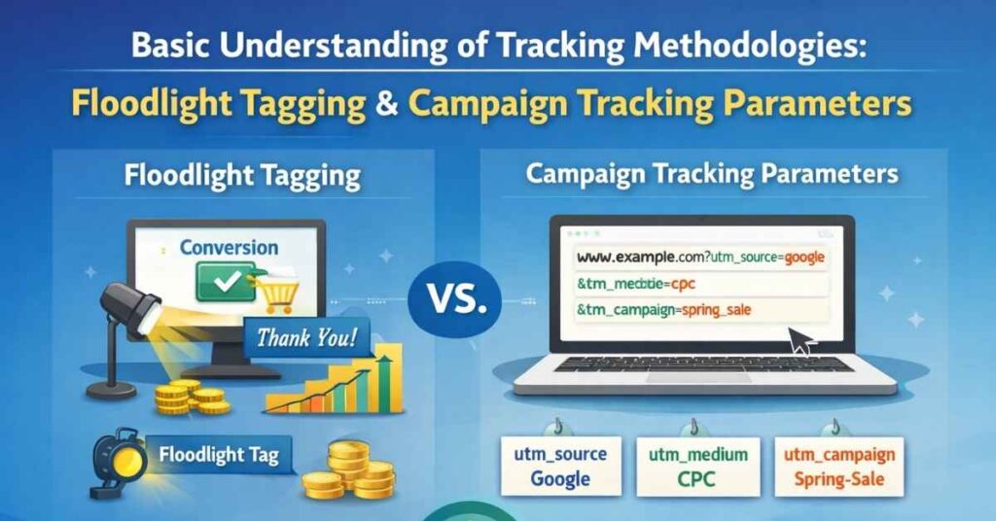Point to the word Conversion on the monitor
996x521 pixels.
229,248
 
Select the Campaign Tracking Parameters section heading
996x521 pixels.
711,175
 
